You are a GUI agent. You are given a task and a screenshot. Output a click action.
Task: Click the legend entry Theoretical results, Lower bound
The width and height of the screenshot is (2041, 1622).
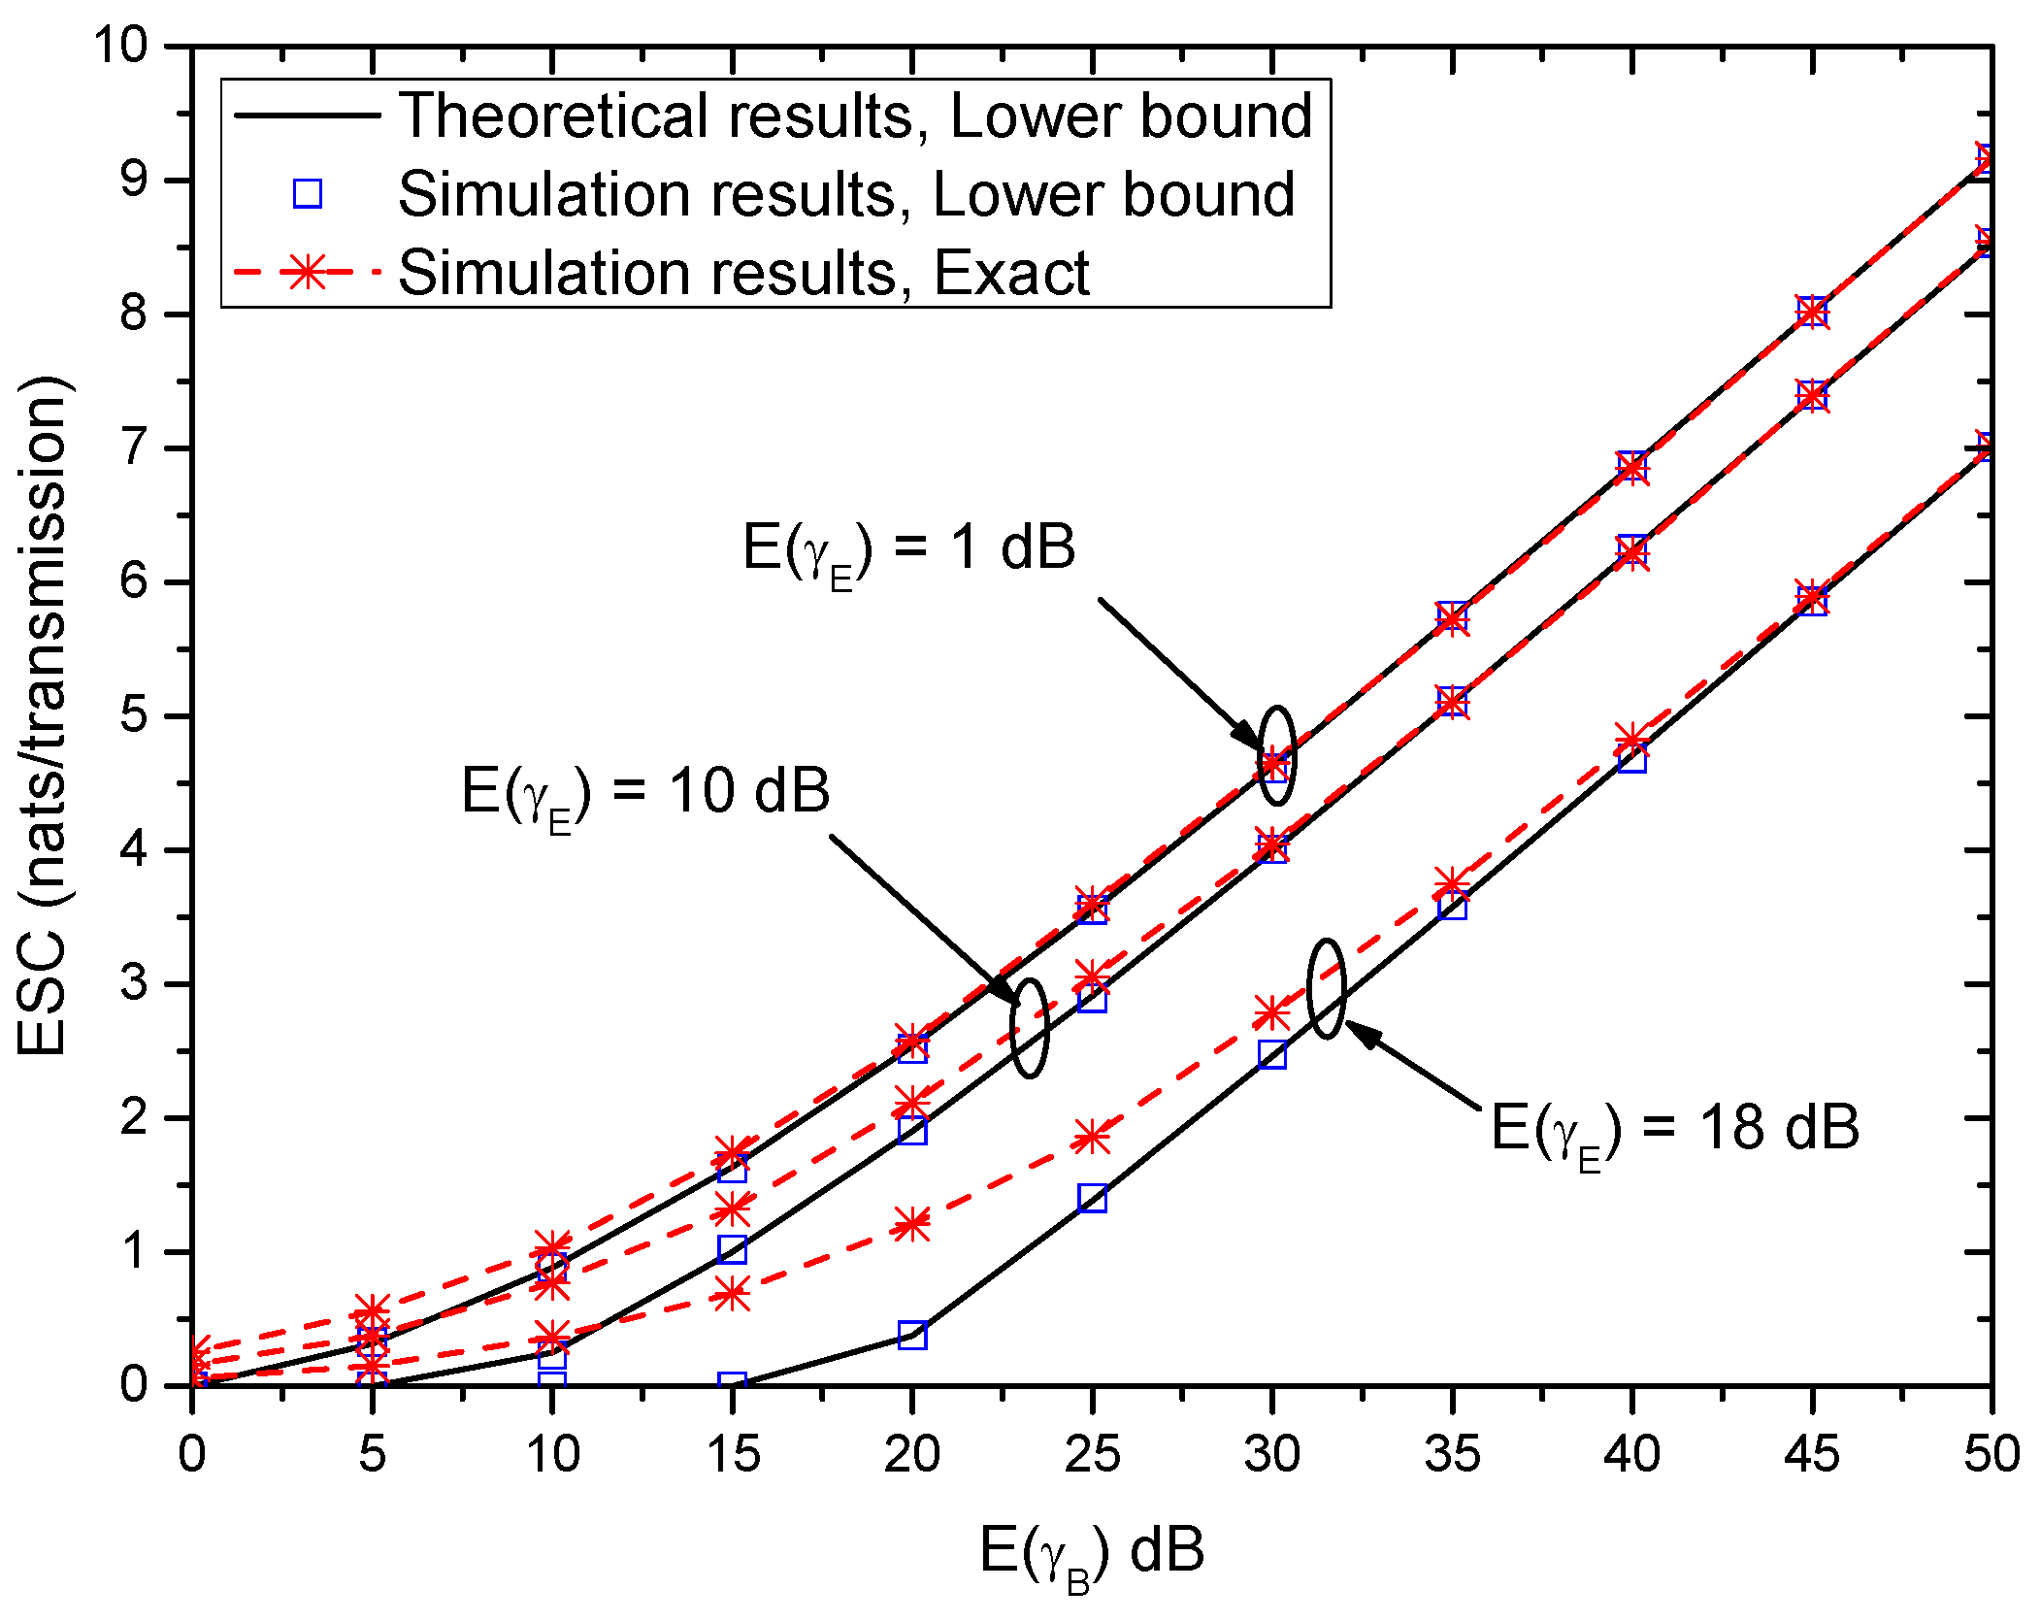point(854,116)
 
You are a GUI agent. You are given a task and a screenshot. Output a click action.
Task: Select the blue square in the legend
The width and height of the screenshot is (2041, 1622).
point(308,194)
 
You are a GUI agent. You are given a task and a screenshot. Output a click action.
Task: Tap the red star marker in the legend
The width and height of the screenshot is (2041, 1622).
point(308,273)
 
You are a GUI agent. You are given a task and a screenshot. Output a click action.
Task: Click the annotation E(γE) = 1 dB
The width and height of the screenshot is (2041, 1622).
point(908,549)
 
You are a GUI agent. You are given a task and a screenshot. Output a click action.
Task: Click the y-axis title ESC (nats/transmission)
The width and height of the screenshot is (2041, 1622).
point(44,715)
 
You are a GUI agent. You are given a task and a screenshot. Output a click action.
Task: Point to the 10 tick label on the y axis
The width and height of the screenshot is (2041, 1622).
point(121,46)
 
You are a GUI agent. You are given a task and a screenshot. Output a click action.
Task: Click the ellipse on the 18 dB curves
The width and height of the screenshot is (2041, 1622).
point(1327,988)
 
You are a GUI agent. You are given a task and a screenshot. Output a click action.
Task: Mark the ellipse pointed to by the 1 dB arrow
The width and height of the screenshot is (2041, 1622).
point(1277,756)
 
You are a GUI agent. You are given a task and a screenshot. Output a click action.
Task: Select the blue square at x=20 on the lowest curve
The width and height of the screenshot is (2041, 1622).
point(912,1335)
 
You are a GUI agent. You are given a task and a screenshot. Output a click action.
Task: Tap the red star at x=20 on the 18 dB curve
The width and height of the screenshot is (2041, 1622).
point(912,1224)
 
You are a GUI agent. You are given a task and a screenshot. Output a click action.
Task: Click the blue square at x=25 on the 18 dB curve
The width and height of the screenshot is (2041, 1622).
point(1092,1198)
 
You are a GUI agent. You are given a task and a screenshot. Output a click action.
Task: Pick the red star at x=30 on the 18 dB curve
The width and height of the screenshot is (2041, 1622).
point(1272,1013)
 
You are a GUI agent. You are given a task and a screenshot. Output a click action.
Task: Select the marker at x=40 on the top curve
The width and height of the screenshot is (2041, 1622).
point(1632,467)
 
